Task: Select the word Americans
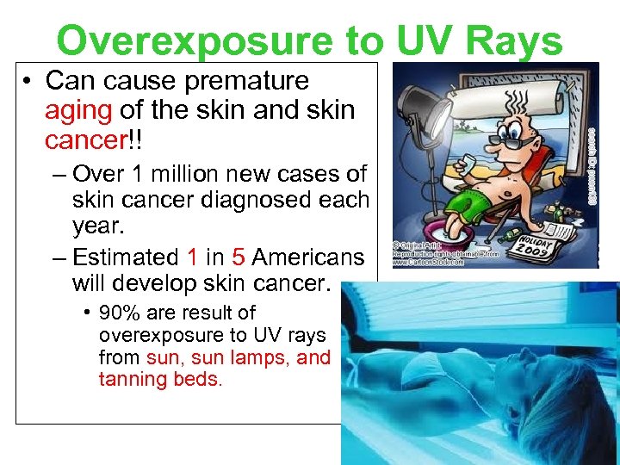308,257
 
